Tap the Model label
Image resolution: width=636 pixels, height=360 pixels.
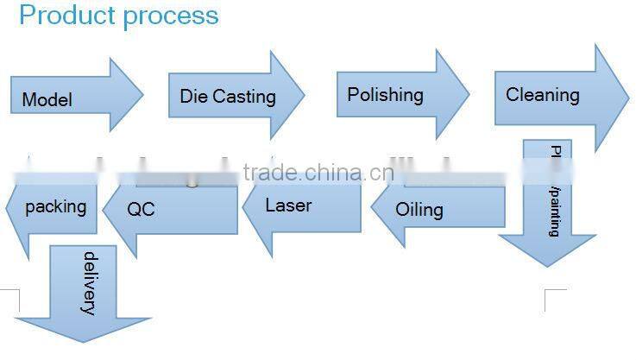point(47,100)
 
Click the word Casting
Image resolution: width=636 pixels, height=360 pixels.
point(244,96)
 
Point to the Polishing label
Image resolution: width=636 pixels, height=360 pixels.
point(385,95)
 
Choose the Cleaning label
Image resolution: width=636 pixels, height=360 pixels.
point(542,95)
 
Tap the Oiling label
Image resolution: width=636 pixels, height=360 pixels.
point(419,210)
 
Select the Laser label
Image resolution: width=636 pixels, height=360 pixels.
point(288,205)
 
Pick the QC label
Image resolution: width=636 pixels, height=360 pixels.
point(141,209)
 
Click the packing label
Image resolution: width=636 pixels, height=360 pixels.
point(55,207)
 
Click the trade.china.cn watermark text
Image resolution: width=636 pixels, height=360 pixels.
point(318,173)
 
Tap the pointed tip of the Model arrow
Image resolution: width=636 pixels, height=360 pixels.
point(142,94)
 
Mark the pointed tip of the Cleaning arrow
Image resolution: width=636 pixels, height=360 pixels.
point(629,98)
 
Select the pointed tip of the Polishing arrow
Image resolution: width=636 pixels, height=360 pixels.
point(469,92)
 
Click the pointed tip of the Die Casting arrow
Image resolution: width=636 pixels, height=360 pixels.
point(305,94)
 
